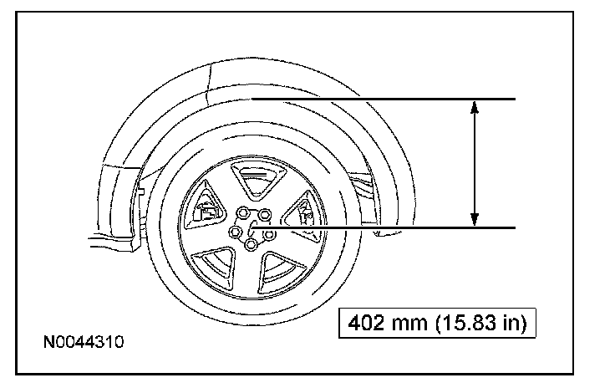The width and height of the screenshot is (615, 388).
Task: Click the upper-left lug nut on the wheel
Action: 243,212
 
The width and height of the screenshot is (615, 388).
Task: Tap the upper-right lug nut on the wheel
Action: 265,214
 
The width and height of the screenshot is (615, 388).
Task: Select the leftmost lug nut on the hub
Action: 235,232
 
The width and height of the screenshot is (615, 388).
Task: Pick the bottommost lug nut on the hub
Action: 251,245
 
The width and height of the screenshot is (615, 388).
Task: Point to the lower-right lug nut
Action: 269,235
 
